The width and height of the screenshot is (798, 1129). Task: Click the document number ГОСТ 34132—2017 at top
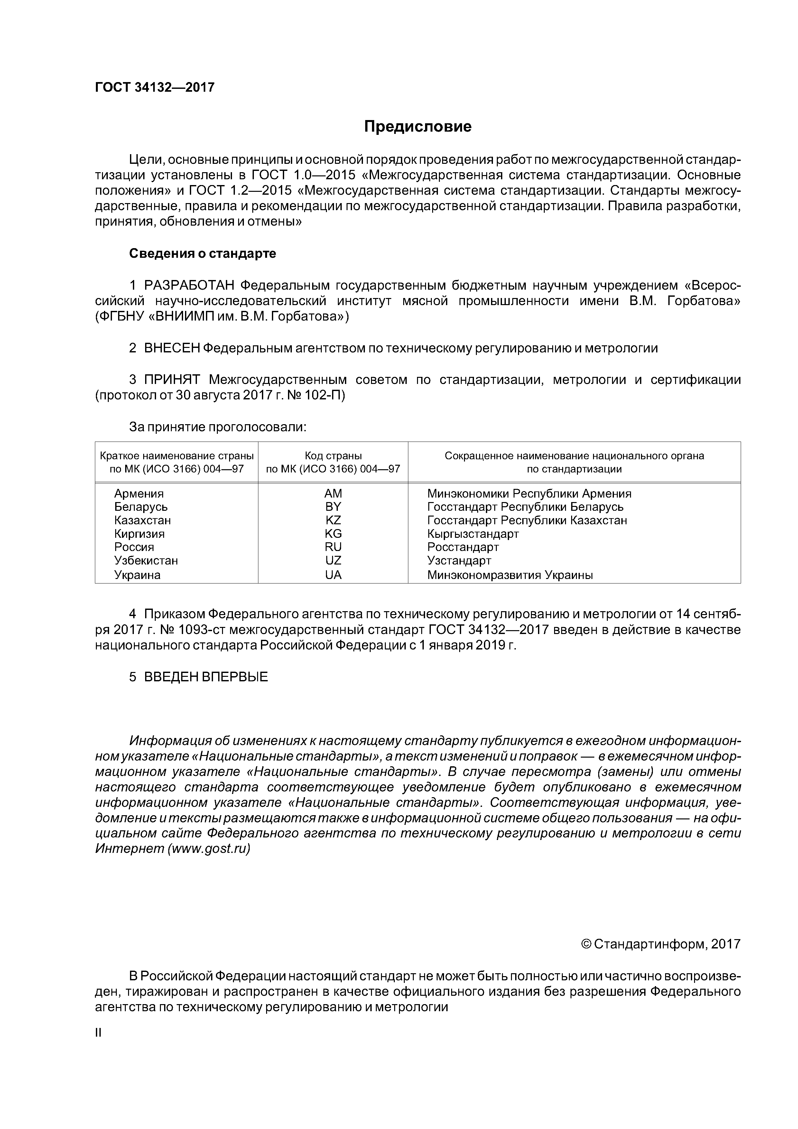click(154, 88)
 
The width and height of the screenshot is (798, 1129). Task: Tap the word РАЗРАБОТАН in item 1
click(189, 286)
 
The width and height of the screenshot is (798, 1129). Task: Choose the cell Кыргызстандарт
click(473, 534)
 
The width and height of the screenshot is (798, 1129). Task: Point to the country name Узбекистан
click(146, 561)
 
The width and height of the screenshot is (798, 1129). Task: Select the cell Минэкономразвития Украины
click(510, 575)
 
